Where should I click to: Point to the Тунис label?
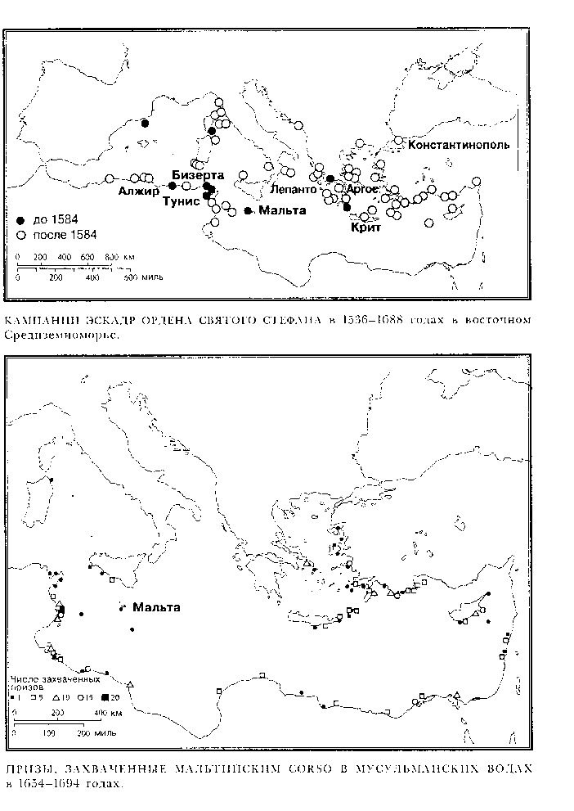point(182,200)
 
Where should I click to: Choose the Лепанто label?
point(295,189)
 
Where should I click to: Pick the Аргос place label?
point(362,189)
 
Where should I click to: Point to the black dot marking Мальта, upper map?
point(248,211)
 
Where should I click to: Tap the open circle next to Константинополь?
point(398,141)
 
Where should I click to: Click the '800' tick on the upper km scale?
point(112,258)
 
